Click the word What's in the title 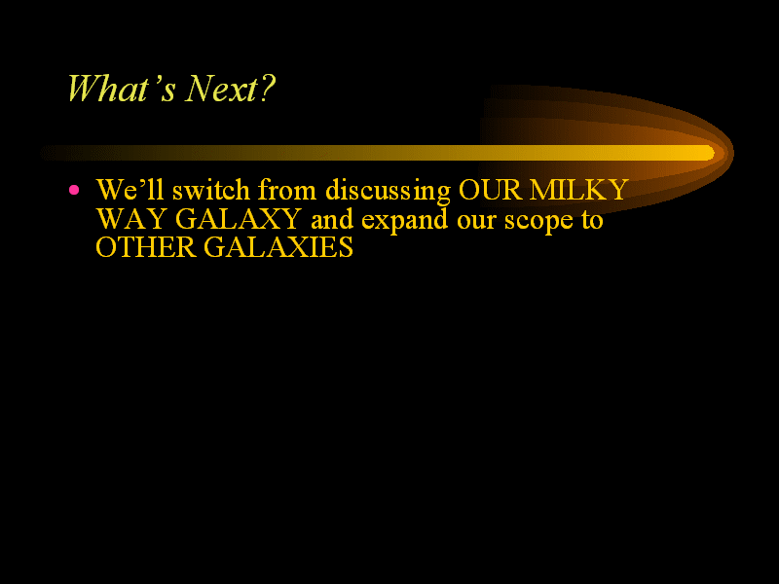[122, 89]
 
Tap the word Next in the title [222, 89]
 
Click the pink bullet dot [74, 190]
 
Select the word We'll [130, 189]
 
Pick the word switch [210, 189]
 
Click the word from [287, 189]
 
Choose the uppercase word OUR [491, 190]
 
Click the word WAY [131, 218]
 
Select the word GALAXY [238, 218]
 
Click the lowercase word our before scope [476, 222]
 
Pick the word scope [538, 223]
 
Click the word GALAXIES [278, 247]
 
